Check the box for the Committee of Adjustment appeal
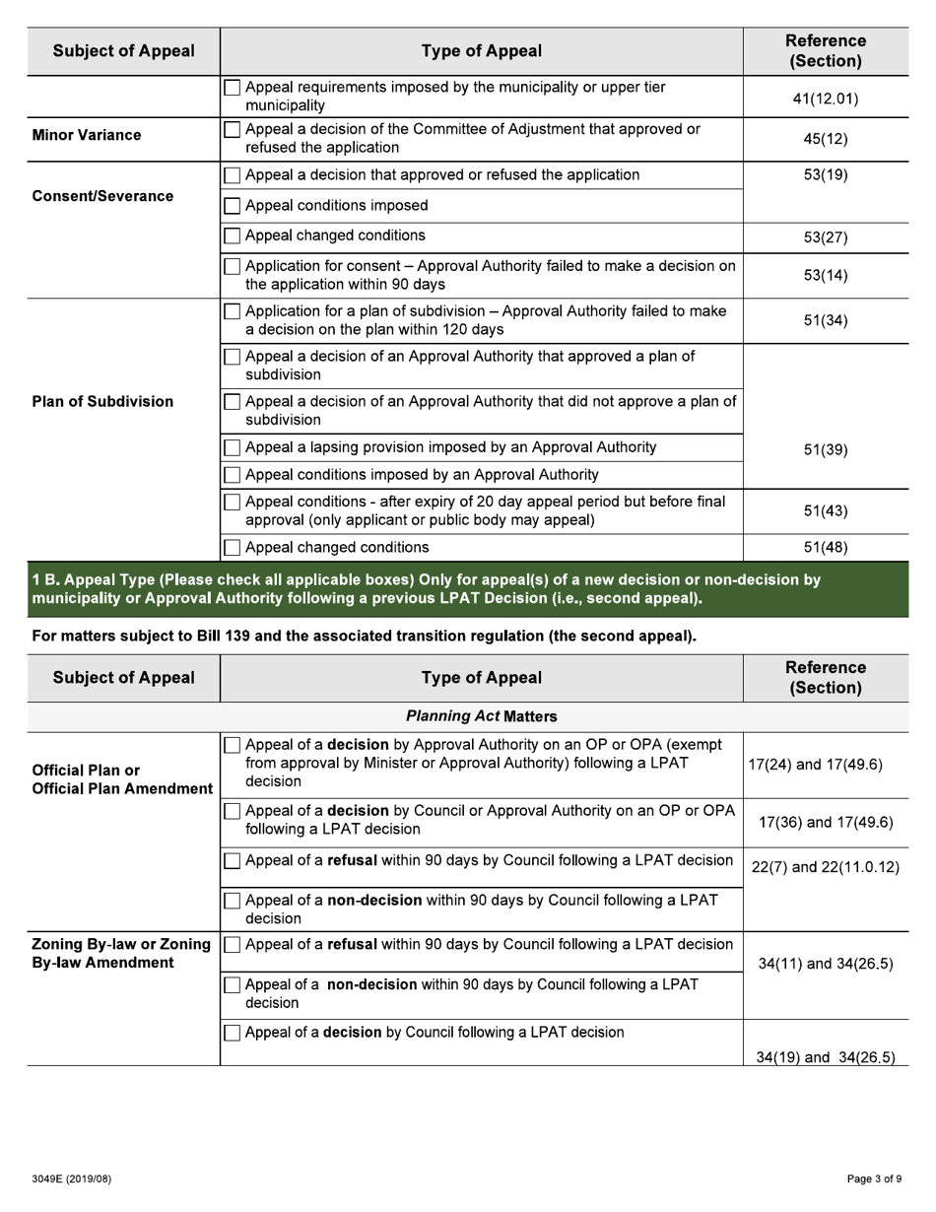tap(233, 130)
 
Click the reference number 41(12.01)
tap(826, 99)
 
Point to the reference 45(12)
tap(826, 139)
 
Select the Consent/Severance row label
tap(102, 196)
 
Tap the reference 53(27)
tap(826, 237)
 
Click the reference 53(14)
tap(826, 275)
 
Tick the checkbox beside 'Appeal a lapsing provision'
tap(233, 447)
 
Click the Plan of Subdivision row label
tap(102, 401)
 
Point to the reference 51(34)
tap(826, 320)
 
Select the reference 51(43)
tap(826, 510)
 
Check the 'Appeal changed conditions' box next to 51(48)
tap(233, 548)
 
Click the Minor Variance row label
tap(87, 135)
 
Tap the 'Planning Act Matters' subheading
tap(481, 716)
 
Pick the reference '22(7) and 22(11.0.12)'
tap(825, 867)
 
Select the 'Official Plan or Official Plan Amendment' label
tap(122, 778)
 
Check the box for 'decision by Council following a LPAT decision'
tap(233, 1033)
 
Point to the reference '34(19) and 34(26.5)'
tap(825, 1057)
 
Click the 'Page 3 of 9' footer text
tap(874, 1178)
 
